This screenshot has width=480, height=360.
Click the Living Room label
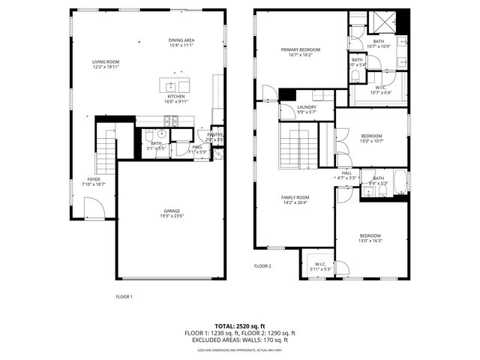(106, 64)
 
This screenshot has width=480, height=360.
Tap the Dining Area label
(181, 43)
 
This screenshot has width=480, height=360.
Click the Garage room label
(172, 213)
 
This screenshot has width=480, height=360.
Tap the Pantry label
(215, 136)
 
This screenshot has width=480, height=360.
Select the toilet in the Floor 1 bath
(149, 135)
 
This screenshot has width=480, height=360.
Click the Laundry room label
(306, 109)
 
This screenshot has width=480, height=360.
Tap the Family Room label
(295, 199)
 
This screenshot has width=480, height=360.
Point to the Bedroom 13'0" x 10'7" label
(371, 139)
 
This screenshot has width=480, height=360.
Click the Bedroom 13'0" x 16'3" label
(371, 239)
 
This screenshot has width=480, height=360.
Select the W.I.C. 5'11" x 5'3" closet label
(320, 266)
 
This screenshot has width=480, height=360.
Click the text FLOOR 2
(262, 266)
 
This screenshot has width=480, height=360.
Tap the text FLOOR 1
(124, 296)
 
